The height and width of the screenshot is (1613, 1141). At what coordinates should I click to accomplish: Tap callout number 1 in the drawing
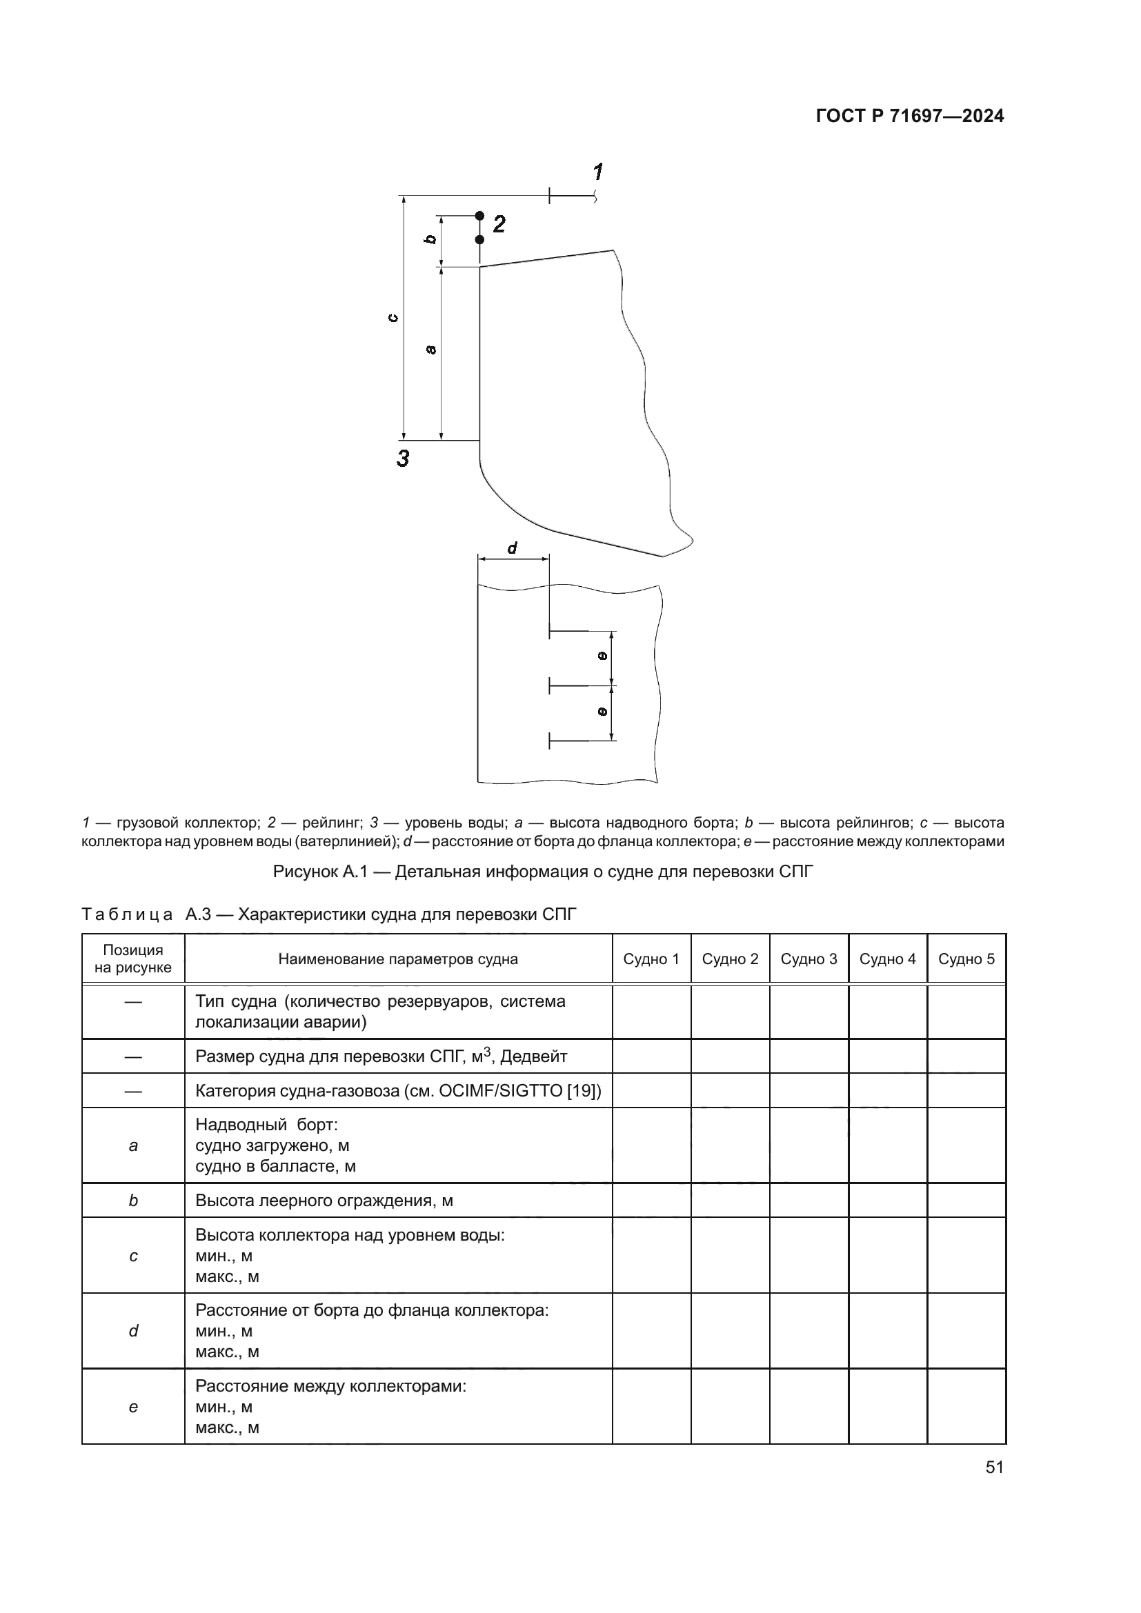click(598, 172)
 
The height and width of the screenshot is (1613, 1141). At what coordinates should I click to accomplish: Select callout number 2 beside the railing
click(499, 225)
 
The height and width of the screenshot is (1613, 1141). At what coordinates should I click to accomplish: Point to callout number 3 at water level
click(404, 459)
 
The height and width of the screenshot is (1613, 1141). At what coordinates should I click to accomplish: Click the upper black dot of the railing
click(480, 216)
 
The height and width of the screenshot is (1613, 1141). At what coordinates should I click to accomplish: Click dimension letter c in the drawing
click(393, 317)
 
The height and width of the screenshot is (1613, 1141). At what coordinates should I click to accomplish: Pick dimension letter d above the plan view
click(512, 548)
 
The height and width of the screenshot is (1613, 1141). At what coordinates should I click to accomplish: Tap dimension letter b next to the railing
click(430, 239)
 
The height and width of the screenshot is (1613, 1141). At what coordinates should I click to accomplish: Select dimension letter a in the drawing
click(431, 349)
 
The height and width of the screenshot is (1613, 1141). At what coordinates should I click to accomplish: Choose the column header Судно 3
click(808, 959)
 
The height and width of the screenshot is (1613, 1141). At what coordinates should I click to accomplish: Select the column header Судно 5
click(966, 959)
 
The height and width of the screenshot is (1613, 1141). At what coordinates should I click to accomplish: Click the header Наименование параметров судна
click(397, 959)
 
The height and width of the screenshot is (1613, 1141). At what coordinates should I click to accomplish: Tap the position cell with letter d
click(134, 1330)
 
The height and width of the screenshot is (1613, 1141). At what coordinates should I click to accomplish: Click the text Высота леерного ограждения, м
click(324, 1201)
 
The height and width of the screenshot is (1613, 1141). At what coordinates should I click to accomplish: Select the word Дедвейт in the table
click(533, 1056)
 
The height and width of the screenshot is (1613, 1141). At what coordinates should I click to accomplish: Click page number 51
click(994, 1467)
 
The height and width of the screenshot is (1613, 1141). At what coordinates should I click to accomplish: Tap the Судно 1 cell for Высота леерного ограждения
click(651, 1201)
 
